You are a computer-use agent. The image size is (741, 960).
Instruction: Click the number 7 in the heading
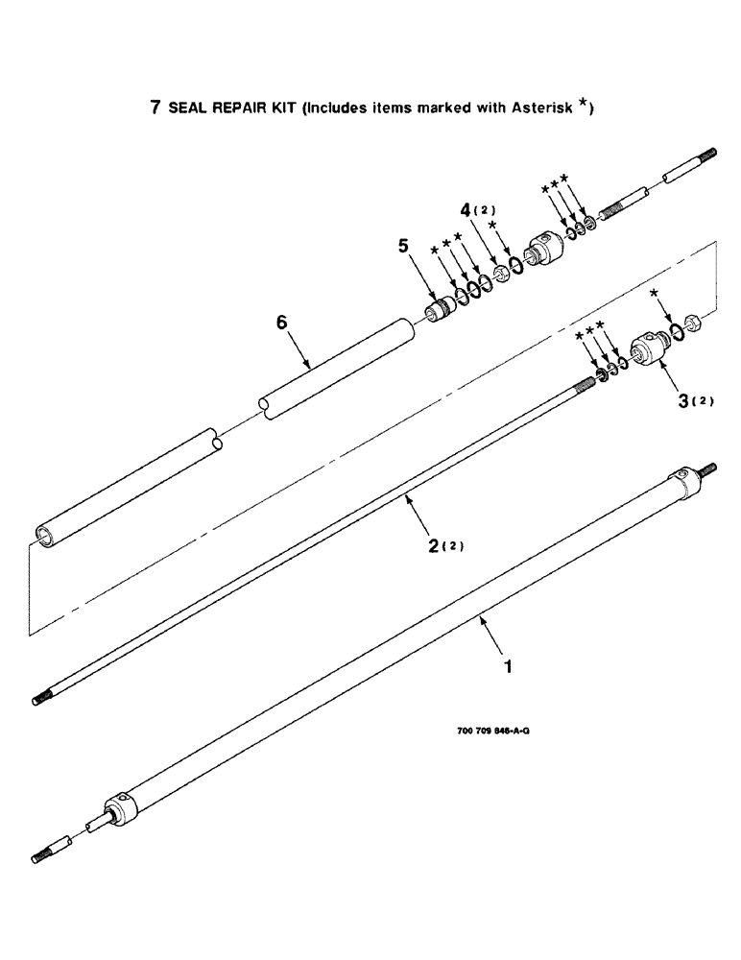(155, 108)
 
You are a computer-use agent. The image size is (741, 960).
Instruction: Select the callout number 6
(281, 324)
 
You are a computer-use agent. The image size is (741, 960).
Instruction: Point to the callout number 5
(404, 247)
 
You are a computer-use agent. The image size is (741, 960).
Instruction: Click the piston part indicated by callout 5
(441, 312)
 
